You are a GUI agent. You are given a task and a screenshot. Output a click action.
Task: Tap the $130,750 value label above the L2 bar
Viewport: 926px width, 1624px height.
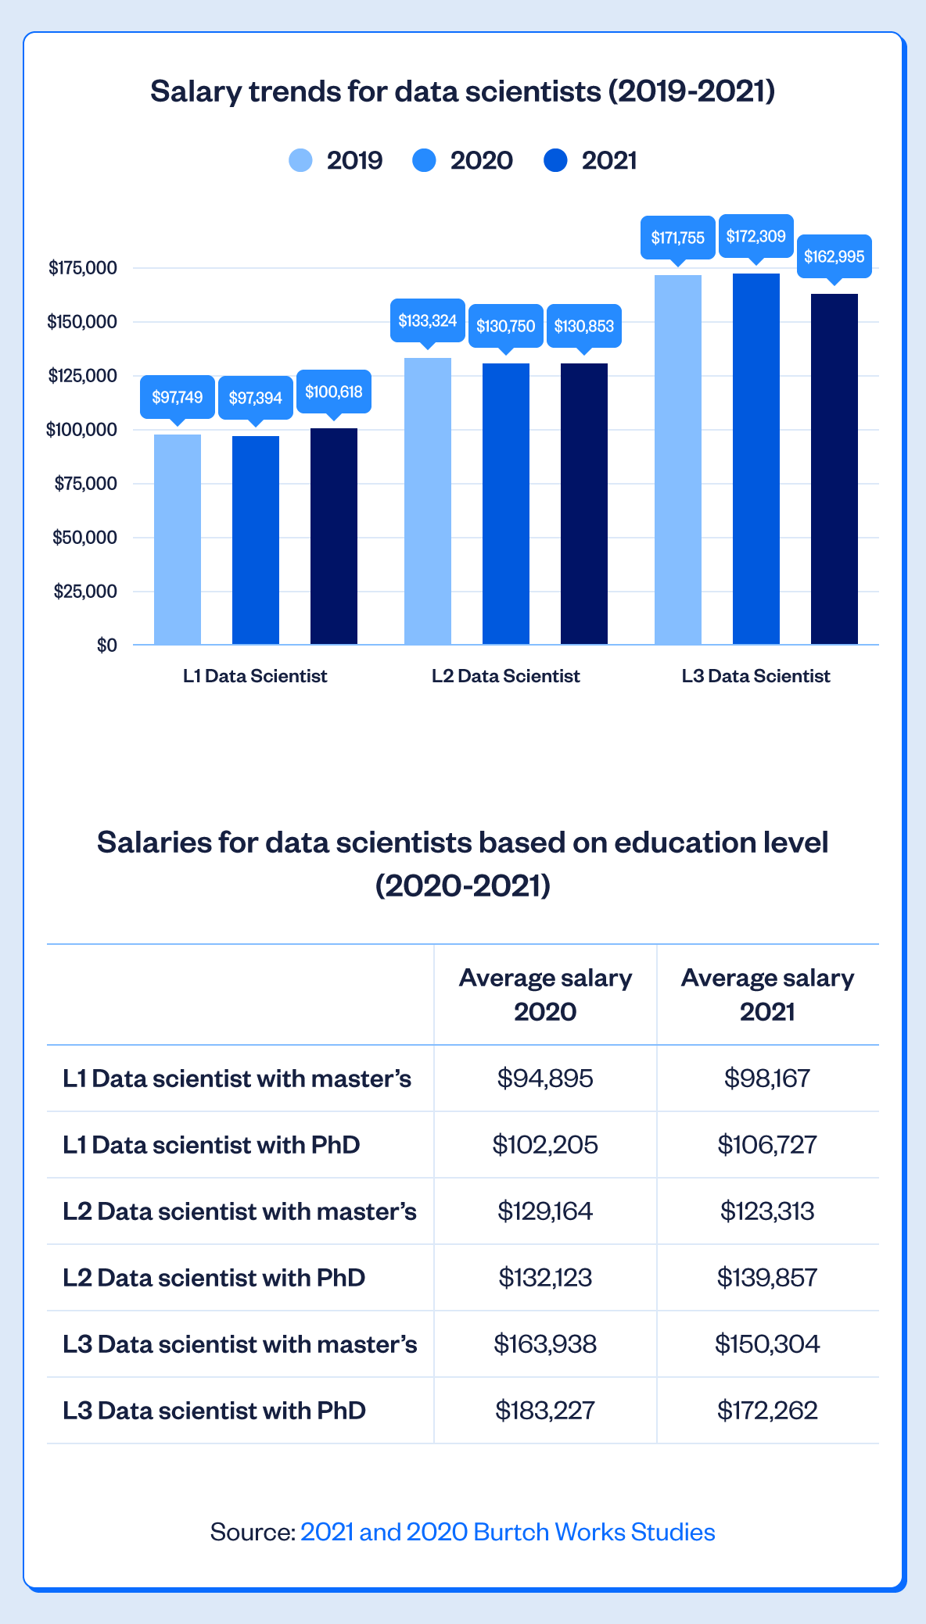506,326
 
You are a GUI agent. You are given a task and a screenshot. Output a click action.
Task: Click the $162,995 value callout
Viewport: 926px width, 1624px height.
834,256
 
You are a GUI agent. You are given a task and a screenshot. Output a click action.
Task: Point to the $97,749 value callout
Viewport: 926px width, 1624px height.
178,397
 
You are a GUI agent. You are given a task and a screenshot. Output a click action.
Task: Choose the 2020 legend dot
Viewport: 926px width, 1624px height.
424,160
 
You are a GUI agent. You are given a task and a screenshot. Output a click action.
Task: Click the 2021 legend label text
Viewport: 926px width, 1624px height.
609,160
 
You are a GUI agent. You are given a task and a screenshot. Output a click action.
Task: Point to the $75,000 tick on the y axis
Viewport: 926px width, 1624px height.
86,484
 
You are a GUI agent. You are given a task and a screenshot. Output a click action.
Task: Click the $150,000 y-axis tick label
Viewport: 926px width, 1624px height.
83,322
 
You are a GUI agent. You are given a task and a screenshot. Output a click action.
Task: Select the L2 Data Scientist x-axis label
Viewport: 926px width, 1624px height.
506,676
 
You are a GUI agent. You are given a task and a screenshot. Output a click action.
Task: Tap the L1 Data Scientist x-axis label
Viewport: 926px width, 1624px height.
255,676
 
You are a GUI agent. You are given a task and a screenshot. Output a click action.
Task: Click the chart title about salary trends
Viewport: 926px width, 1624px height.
463,91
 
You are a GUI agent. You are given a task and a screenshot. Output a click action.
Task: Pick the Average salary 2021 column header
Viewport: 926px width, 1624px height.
767,994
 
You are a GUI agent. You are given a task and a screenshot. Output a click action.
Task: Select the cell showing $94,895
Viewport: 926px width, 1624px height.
545,1078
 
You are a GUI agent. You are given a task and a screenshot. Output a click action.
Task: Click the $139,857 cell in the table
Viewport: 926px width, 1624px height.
767,1278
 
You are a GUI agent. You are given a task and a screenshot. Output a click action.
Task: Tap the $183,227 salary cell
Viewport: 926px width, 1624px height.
545,1411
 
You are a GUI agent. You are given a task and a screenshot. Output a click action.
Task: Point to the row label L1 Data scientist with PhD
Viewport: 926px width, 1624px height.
211,1145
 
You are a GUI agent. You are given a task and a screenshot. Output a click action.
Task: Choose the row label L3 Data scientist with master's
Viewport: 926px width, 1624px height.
240,1344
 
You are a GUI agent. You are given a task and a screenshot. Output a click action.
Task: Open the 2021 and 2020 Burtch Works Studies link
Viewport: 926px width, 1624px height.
508,1532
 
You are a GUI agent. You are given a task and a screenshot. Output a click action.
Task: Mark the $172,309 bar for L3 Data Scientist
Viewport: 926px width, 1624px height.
756,459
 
